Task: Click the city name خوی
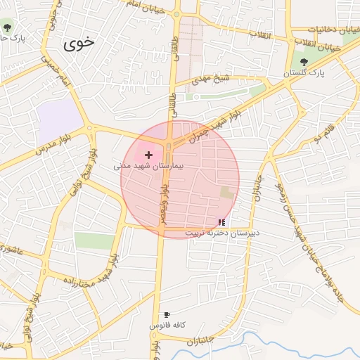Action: click(78, 44)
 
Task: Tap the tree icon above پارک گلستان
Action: click(304, 62)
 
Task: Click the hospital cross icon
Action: click(148, 154)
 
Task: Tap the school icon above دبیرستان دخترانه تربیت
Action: click(222, 221)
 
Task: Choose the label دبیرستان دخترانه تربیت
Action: click(222, 232)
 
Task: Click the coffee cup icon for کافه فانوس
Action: click(167, 315)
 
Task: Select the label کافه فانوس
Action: click(167, 326)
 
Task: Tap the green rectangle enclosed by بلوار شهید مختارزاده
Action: click(94, 240)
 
